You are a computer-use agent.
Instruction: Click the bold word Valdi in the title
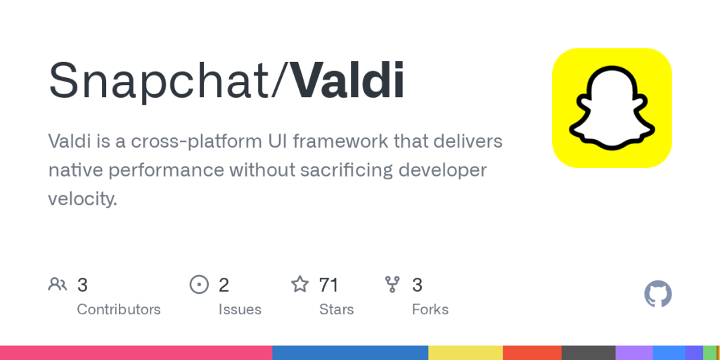click(347, 79)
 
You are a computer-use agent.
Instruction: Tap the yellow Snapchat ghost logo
click(612, 108)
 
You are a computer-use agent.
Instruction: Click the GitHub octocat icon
click(658, 294)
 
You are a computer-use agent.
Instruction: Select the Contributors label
click(118, 309)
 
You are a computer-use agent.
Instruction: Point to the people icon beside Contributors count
click(58, 285)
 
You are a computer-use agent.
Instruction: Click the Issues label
click(240, 309)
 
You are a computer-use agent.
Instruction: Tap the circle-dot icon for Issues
click(200, 285)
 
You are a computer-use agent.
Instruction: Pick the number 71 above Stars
click(328, 285)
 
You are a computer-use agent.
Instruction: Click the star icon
click(300, 285)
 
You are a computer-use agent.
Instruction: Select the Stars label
click(336, 309)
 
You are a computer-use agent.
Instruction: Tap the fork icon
click(392, 285)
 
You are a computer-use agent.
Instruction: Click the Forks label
click(430, 309)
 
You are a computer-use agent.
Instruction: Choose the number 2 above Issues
click(224, 285)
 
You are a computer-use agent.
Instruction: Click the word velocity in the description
click(79, 199)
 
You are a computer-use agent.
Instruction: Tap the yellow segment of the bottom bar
click(465, 352)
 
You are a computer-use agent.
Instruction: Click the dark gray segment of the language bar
click(589, 352)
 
